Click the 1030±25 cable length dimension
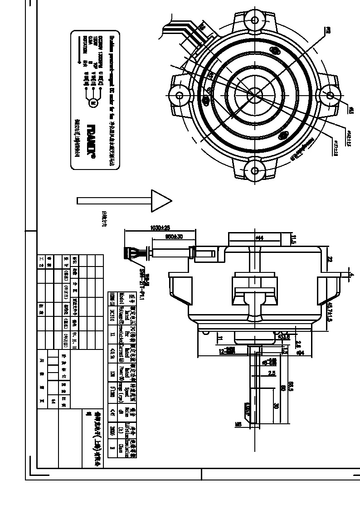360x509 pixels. pyautogui.click(x=160, y=227)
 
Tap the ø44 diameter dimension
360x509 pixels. pyautogui.click(x=259, y=238)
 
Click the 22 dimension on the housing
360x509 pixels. pyautogui.click(x=330, y=259)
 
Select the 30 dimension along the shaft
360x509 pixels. pyautogui.click(x=276, y=406)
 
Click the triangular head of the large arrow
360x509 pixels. pyautogui.click(x=161, y=200)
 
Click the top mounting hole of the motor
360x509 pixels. pyautogui.click(x=255, y=20)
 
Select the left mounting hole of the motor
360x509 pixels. pyautogui.click(x=179, y=95)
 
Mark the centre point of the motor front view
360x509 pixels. pyautogui.click(x=254, y=95)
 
